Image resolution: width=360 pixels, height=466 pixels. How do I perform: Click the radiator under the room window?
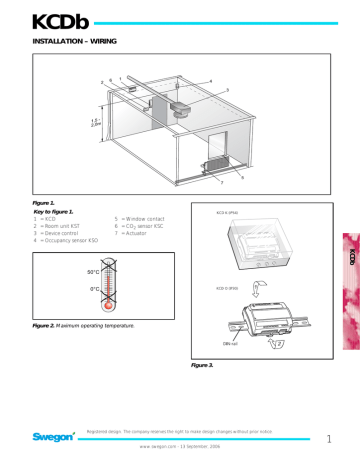tap(213, 167)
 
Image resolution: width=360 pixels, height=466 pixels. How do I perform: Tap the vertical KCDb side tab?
tap(350, 258)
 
